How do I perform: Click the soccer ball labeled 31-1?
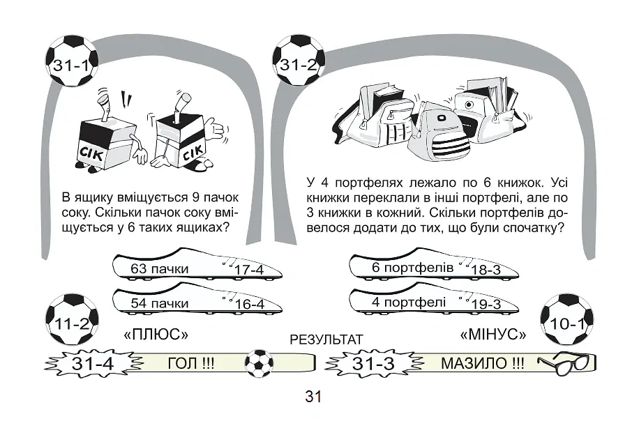click(x=72, y=61)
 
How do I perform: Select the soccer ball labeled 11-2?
click(x=72, y=319)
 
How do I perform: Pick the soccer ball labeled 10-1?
click(x=567, y=320)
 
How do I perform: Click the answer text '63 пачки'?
click(x=159, y=269)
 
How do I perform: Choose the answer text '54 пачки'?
click(x=159, y=303)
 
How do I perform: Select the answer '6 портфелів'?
click(x=412, y=268)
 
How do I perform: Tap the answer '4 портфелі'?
click(x=409, y=302)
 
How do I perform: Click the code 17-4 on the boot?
click(x=249, y=270)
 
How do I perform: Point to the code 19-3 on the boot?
click(x=486, y=304)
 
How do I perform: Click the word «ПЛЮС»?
click(x=156, y=335)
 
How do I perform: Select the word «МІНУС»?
click(x=493, y=335)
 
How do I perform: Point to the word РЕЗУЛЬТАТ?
click(x=326, y=339)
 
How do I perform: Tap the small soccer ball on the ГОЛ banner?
click(x=260, y=363)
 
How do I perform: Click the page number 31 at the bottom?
click(x=313, y=396)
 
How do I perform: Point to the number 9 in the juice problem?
click(x=195, y=197)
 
